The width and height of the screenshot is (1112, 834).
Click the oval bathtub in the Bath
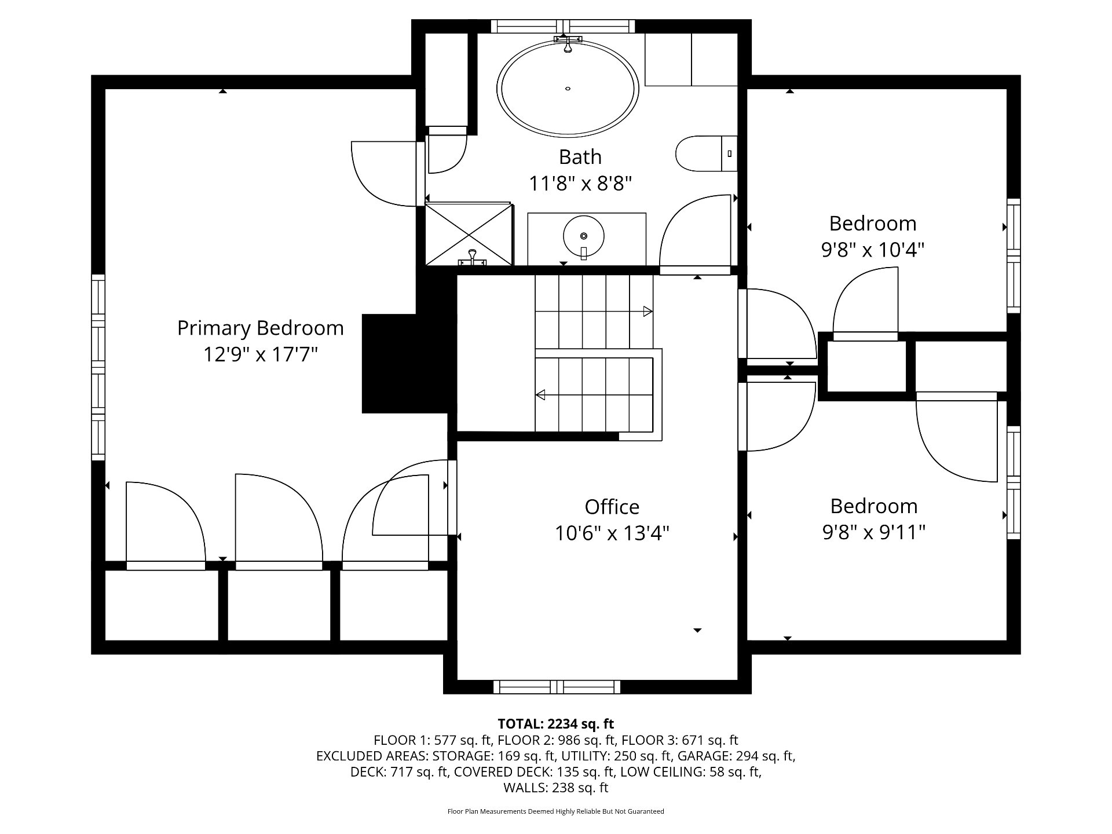(568, 88)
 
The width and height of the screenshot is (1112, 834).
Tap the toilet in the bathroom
(706, 153)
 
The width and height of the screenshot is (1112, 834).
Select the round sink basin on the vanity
(583, 236)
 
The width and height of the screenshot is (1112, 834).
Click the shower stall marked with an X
(469, 234)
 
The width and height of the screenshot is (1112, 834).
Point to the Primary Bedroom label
(261, 328)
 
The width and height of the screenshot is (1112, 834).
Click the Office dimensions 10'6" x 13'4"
(612, 533)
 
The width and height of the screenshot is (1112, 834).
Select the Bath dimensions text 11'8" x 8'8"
(580, 184)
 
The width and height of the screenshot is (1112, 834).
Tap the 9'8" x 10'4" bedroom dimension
(873, 250)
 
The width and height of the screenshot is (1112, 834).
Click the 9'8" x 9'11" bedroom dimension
(874, 532)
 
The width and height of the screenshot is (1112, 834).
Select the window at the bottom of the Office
(557, 687)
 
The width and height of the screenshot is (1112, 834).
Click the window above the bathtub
(563, 26)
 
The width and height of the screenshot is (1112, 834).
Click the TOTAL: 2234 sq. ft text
(556, 723)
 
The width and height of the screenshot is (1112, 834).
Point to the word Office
(612, 507)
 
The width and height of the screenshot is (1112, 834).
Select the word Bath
(580, 157)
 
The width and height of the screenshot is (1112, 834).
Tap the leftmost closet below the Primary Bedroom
(162, 605)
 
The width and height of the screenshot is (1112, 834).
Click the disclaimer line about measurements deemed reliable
(556, 811)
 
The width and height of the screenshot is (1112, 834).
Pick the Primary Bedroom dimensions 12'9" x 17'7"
(261, 354)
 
